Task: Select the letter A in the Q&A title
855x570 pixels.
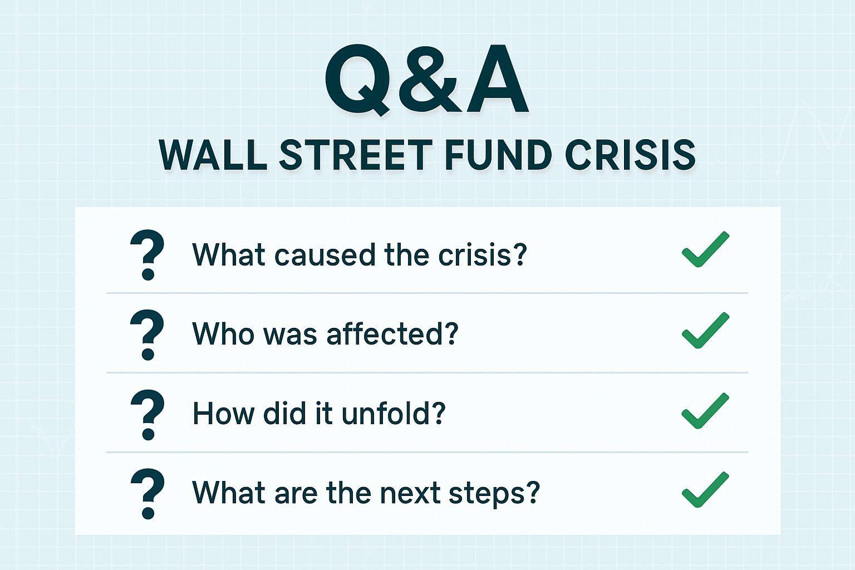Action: [497, 79]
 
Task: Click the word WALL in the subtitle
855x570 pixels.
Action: [213, 155]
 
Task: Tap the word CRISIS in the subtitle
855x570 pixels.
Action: [630, 155]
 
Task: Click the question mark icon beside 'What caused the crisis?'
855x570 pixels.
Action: [148, 254]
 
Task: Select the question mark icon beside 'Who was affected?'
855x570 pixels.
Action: [148, 335]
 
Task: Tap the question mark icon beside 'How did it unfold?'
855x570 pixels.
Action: [148, 415]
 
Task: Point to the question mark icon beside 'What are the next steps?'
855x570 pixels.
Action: [148, 494]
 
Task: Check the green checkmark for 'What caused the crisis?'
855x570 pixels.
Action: [705, 249]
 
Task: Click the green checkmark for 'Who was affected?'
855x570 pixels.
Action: [705, 330]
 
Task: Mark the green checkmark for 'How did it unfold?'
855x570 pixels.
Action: [705, 410]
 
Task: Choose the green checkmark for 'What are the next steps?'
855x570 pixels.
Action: [705, 490]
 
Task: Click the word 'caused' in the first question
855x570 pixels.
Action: [325, 254]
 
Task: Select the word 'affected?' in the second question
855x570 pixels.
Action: [392, 333]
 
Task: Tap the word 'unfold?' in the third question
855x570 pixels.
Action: [394, 413]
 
